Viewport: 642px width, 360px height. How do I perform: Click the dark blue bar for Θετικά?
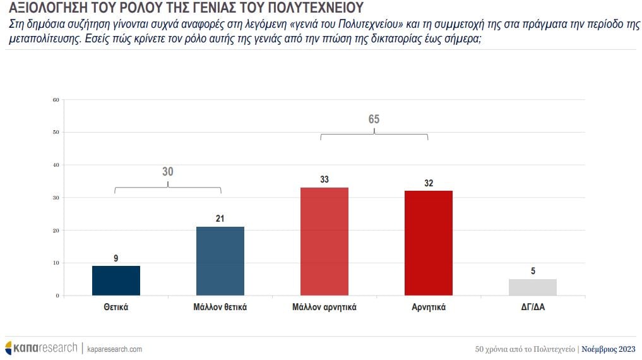116,280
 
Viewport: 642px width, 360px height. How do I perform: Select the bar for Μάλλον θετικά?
220,261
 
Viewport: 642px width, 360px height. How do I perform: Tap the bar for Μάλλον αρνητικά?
324,241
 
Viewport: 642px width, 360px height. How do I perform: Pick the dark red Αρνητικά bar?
429,243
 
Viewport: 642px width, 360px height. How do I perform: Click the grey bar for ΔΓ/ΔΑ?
533,287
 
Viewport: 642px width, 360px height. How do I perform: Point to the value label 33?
324,179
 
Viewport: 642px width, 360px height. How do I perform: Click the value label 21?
220,219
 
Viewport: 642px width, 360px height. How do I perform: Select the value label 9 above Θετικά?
116,258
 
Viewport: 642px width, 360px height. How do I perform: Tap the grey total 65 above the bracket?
374,119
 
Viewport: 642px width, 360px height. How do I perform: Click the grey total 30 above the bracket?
167,171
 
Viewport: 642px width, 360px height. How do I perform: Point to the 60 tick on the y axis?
56,100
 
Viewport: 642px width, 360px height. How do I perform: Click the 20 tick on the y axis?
56,231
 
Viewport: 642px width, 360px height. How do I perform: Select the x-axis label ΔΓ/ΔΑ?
533,308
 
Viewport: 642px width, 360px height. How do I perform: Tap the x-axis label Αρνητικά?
429,308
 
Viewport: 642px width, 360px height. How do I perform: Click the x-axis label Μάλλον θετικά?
220,308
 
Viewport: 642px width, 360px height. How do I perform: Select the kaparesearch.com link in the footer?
114,349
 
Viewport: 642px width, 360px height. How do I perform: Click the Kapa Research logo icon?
9,348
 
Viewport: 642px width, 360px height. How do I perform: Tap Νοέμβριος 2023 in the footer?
609,349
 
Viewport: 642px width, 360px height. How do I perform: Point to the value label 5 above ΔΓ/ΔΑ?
533,272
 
